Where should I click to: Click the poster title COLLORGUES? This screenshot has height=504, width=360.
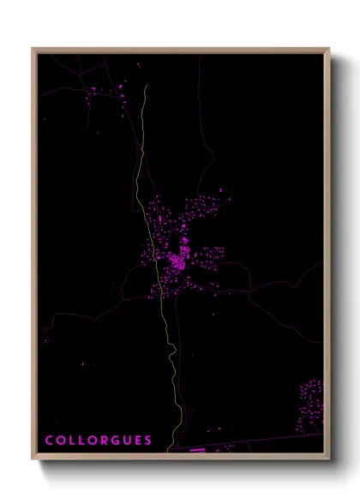click(99, 440)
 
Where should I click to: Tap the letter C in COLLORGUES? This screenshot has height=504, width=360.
click(49, 440)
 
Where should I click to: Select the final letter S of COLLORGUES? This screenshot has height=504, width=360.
click(148, 440)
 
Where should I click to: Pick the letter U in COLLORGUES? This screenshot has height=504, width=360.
click(125, 440)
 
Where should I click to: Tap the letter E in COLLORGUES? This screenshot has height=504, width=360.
click(137, 440)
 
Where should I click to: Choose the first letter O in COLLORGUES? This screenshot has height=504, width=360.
click(60, 440)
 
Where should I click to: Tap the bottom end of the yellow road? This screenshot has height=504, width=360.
click(177, 447)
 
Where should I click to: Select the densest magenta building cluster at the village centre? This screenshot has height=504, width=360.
click(178, 258)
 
